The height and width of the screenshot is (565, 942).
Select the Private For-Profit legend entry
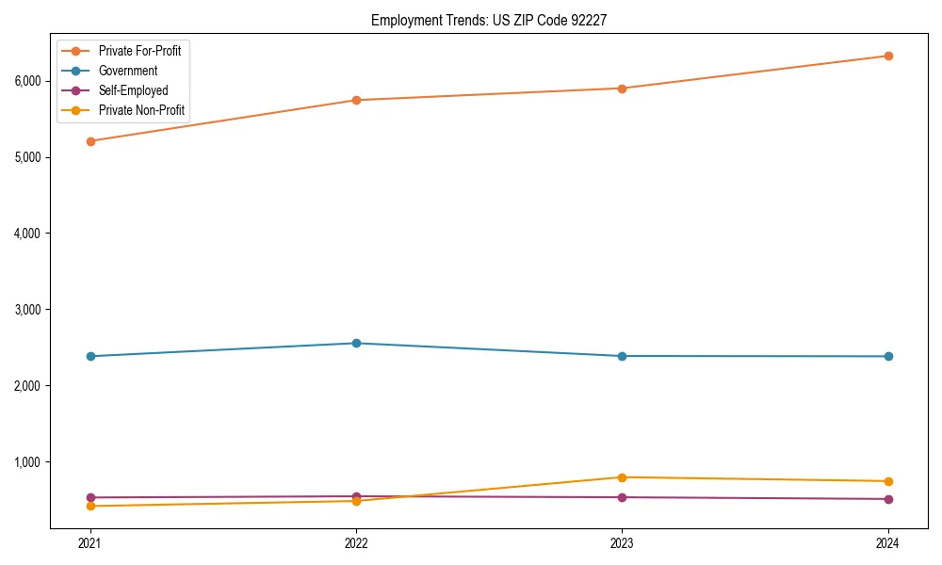pyautogui.click(x=139, y=51)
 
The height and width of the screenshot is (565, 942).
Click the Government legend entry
pyautogui.click(x=128, y=71)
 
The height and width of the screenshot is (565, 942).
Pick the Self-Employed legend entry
pyautogui.click(x=133, y=90)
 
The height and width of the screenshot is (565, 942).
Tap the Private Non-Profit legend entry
pyautogui.click(x=142, y=111)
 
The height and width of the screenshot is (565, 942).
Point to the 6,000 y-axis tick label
pyautogui.click(x=27, y=81)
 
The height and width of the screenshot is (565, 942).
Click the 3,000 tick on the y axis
pyautogui.click(x=27, y=310)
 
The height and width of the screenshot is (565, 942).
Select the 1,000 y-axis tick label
pyautogui.click(x=27, y=462)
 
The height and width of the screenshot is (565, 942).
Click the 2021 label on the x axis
pyautogui.click(x=90, y=543)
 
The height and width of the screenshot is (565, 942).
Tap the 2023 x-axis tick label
pyautogui.click(x=622, y=543)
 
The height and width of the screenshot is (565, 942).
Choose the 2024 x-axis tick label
pyautogui.click(x=887, y=543)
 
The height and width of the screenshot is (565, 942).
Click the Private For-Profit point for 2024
pyautogui.click(x=887, y=56)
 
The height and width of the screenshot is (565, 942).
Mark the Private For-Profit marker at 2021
pyautogui.click(x=90, y=141)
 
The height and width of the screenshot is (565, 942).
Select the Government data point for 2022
pyautogui.click(x=356, y=343)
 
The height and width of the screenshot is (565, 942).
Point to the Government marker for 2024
pyautogui.click(x=887, y=356)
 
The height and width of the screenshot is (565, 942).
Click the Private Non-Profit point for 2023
pyautogui.click(x=622, y=477)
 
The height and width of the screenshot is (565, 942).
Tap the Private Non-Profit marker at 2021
pyautogui.click(x=90, y=506)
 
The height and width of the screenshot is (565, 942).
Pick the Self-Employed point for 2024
pyautogui.click(x=887, y=499)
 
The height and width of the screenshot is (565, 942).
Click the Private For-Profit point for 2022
pyautogui.click(x=356, y=100)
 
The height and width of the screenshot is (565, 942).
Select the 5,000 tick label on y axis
pyautogui.click(x=27, y=157)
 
